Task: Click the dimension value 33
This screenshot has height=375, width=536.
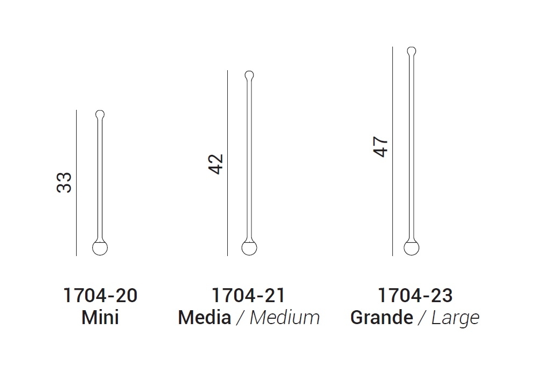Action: click(x=64, y=183)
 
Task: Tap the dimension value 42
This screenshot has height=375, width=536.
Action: click(x=215, y=164)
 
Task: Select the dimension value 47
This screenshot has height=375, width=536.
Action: click(x=381, y=147)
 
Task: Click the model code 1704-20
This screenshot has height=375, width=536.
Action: click(x=100, y=295)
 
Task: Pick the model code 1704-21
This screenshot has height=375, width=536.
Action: click(x=248, y=295)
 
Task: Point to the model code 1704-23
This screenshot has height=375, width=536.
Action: click(x=415, y=295)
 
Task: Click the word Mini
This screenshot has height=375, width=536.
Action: click(x=100, y=318)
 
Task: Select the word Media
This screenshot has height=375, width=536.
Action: click(x=204, y=318)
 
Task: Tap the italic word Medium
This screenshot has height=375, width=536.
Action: click(x=285, y=318)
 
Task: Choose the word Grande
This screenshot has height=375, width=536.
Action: click(x=382, y=318)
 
